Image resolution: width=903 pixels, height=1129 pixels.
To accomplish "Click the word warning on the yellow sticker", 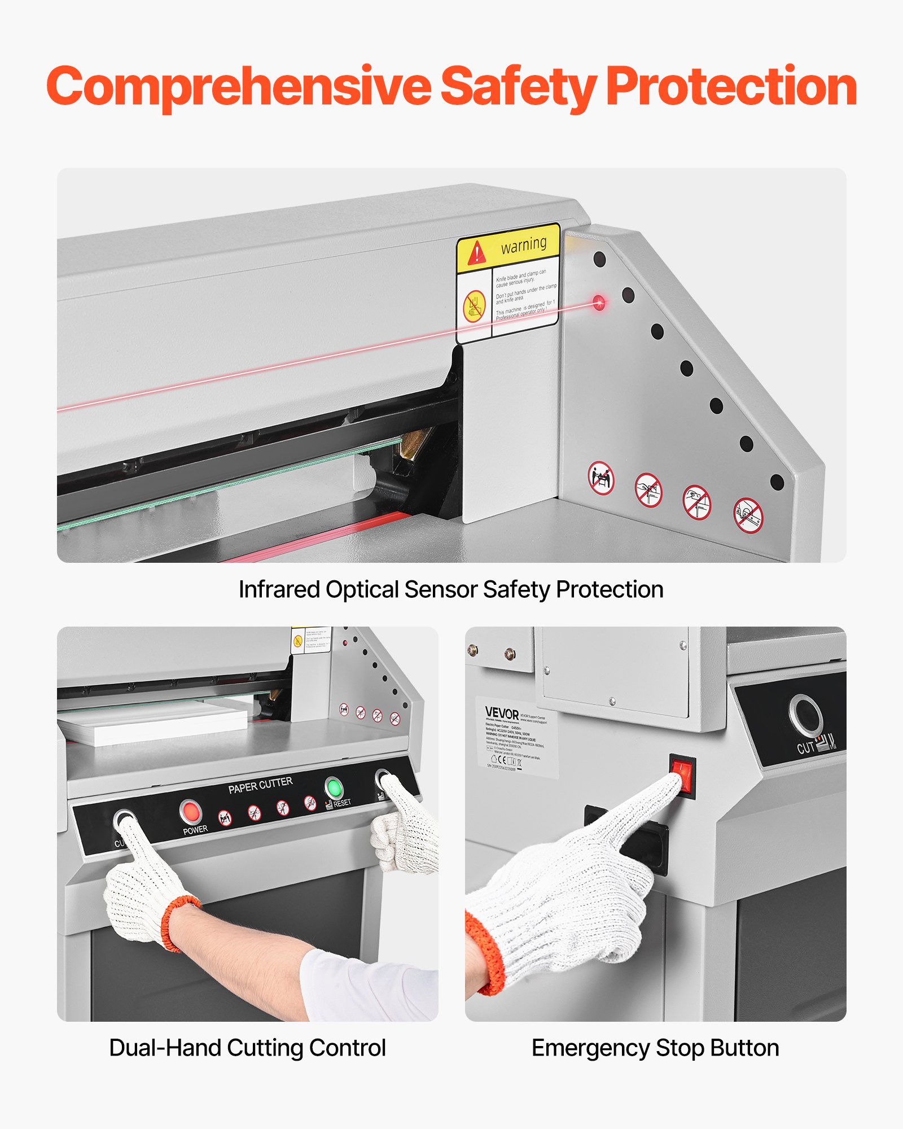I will [x=524, y=244].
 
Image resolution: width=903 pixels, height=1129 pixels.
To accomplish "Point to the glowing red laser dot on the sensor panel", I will [x=599, y=303].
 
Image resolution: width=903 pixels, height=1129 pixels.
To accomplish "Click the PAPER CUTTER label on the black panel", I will [x=260, y=785].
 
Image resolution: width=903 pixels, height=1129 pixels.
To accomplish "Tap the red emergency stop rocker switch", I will [x=683, y=774].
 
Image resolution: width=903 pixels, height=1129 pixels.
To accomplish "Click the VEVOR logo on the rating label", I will [x=501, y=713].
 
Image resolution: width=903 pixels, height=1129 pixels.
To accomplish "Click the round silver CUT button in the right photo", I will [x=806, y=715].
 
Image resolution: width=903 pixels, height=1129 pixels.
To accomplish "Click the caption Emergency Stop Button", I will [x=655, y=1048].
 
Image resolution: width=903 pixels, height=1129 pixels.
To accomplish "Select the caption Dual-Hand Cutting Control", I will [x=247, y=1048].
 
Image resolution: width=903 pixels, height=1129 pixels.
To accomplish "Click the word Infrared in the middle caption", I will [x=279, y=590].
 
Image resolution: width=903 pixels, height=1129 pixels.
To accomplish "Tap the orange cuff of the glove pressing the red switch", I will [x=485, y=954].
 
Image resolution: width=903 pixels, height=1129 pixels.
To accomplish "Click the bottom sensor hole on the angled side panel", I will [x=777, y=483].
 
